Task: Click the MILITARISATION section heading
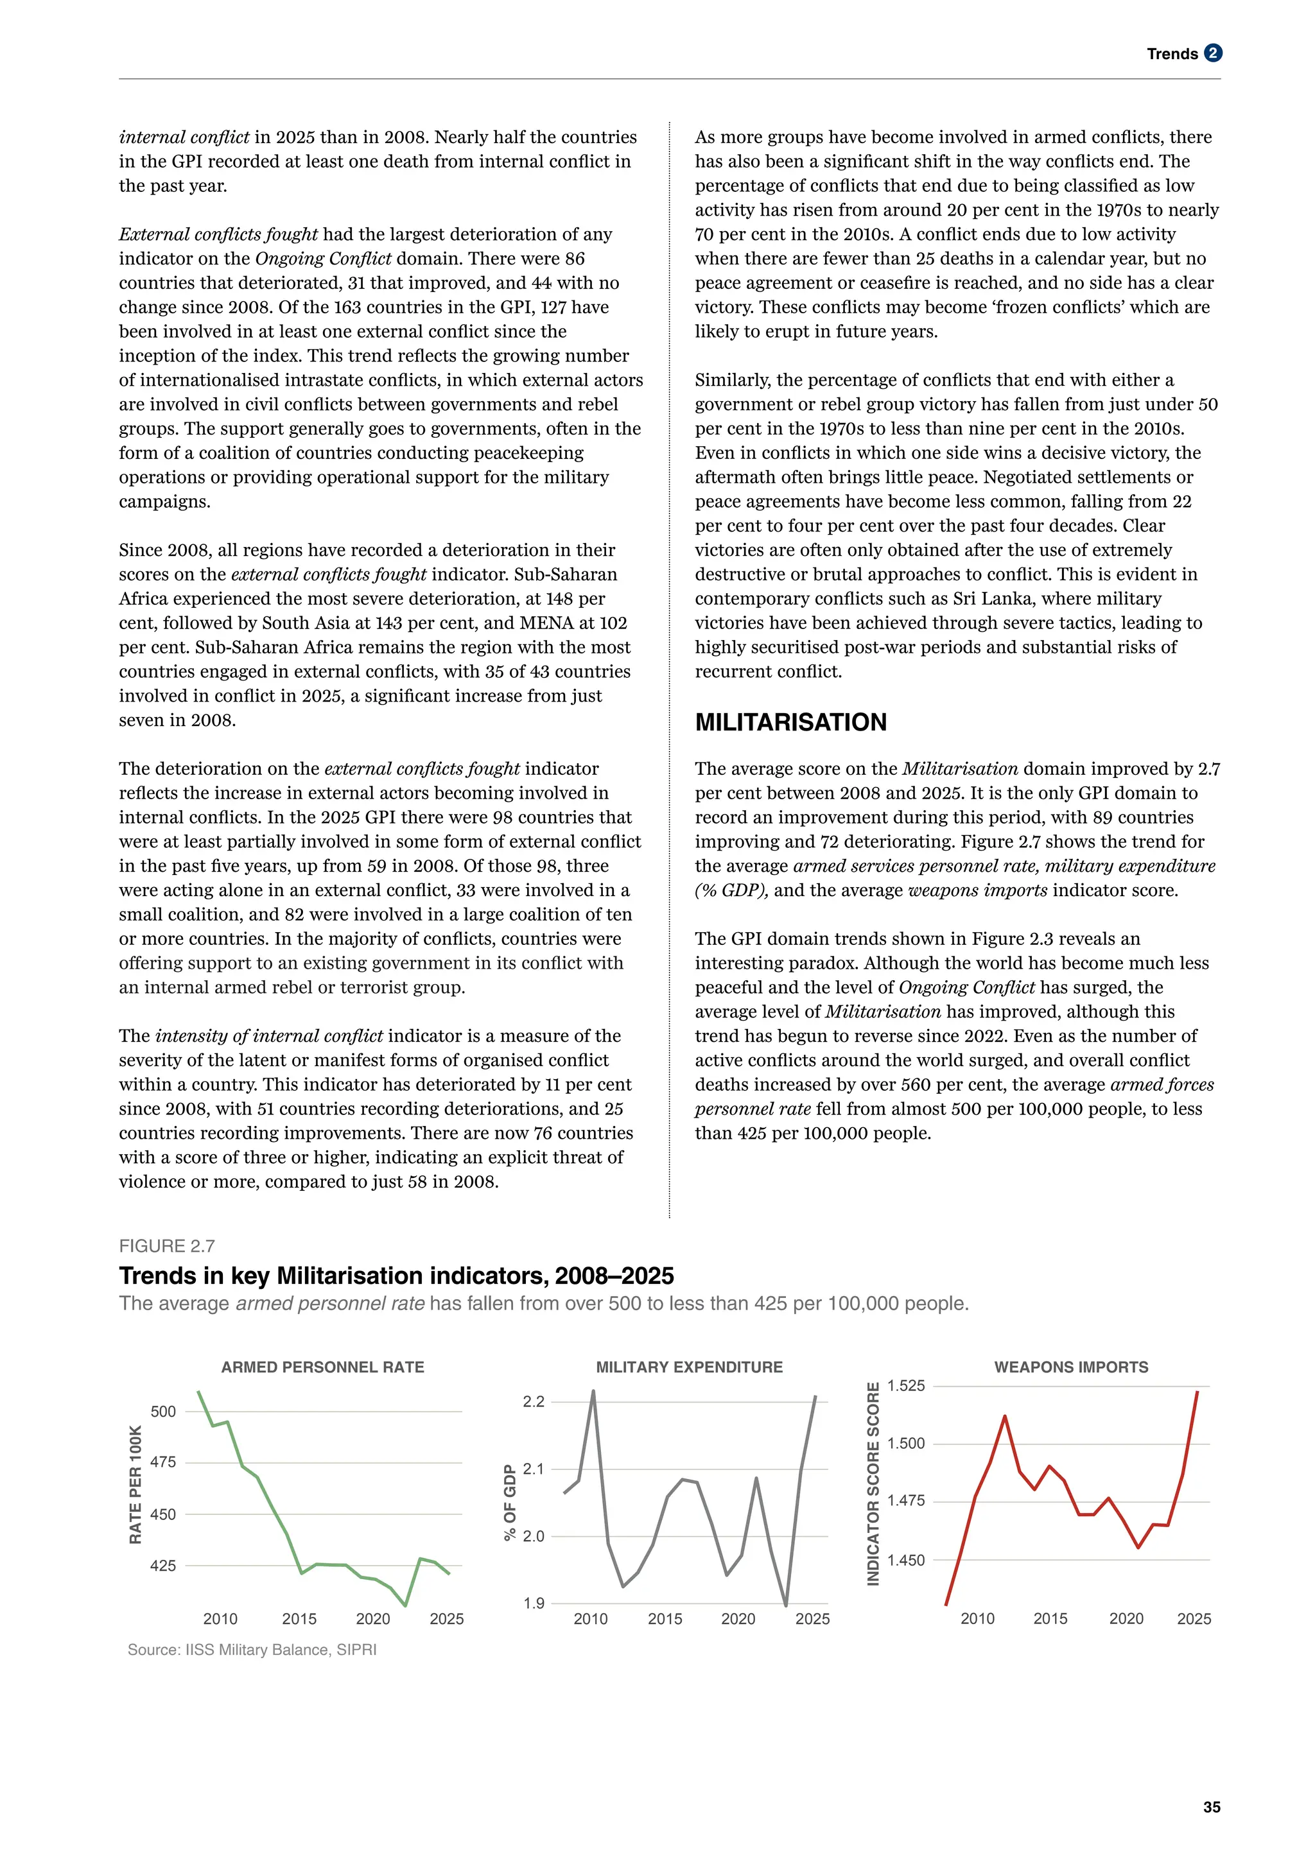790,722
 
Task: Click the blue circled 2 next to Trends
1212,53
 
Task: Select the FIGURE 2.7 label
167,1246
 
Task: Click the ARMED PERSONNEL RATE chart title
322,1367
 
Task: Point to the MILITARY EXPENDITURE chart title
689,1367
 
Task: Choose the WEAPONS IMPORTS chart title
1070,1367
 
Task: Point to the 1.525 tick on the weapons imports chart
905,1385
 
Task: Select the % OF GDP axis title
509,1502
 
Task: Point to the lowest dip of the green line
406,1605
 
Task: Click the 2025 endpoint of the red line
1197,1392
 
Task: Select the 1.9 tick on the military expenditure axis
534,1603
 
